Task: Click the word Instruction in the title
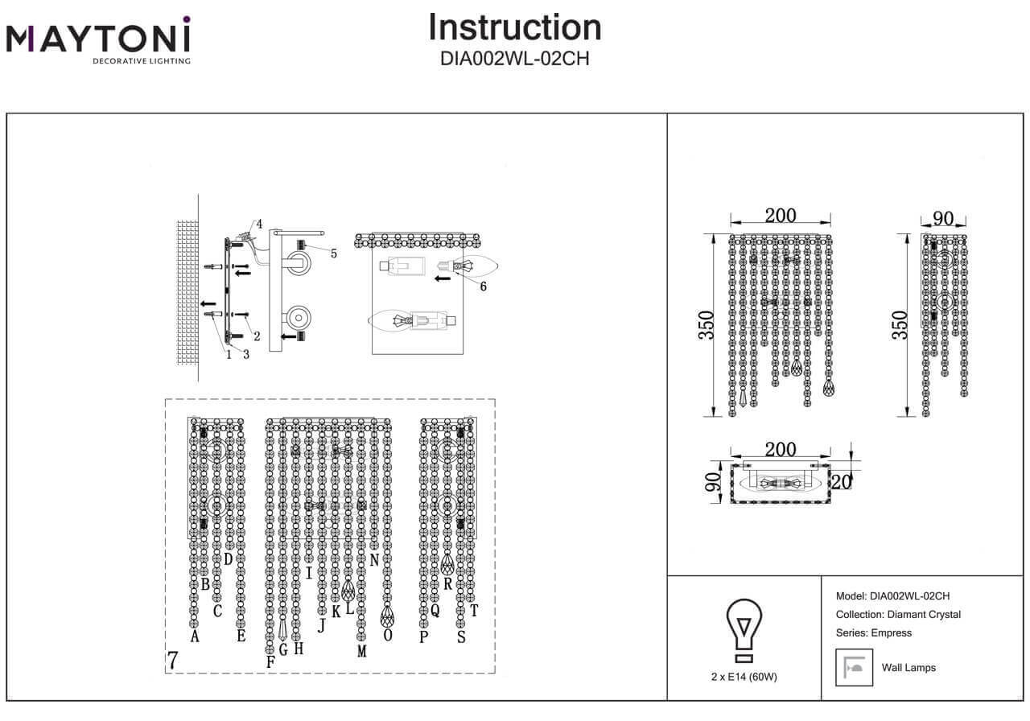point(515,27)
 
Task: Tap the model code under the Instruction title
point(515,58)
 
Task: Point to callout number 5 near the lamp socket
point(333,253)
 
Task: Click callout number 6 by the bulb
point(483,285)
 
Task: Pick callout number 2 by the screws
point(257,336)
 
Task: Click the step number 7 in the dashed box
point(172,660)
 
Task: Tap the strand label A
point(194,637)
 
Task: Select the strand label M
point(361,652)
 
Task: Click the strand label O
point(388,636)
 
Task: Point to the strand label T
point(474,611)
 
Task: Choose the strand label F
point(270,661)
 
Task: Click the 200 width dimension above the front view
point(780,216)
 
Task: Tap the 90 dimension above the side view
point(943,219)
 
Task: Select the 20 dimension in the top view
point(843,480)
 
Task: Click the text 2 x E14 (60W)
point(744,677)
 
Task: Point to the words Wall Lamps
point(908,667)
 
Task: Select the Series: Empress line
point(874,632)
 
